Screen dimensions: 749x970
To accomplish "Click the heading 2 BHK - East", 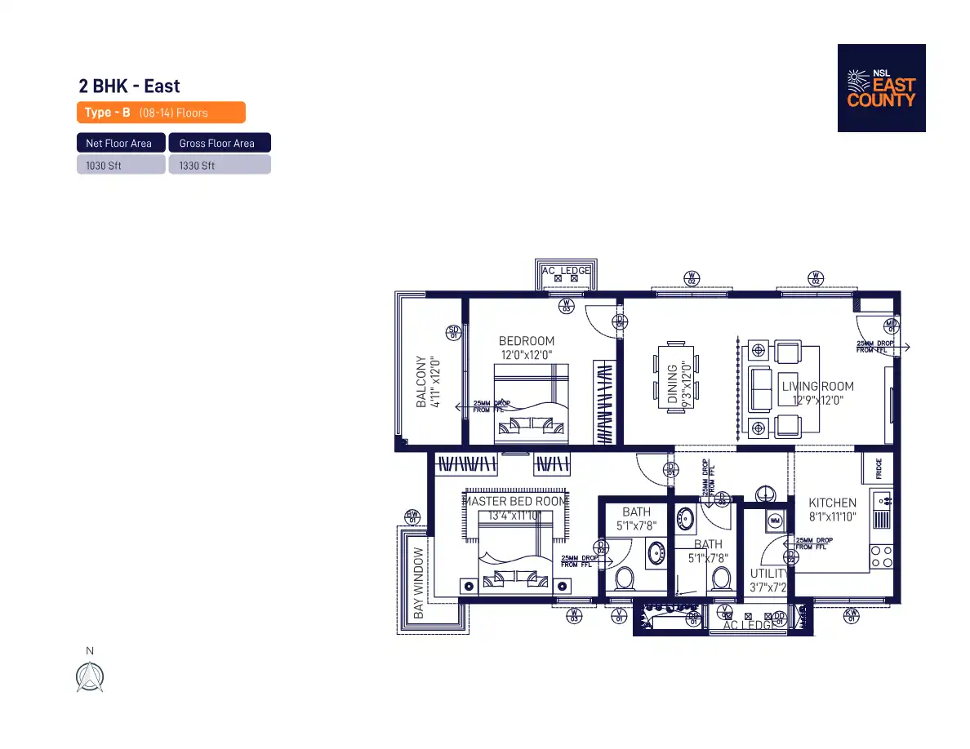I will [129, 86].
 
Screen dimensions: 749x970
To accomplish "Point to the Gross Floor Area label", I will [217, 144].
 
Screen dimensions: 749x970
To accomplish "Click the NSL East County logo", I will [881, 88].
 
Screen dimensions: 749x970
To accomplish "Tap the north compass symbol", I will [90, 676].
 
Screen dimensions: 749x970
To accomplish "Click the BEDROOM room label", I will [527, 341].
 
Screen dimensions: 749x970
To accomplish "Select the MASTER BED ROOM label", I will [514, 501].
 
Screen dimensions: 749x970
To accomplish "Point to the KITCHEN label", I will [832, 503].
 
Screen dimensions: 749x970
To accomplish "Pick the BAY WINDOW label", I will [419, 583].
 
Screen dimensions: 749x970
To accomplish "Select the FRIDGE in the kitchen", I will [879, 468].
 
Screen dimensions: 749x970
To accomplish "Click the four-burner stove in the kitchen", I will [881, 556].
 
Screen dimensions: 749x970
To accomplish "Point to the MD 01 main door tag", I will [892, 326].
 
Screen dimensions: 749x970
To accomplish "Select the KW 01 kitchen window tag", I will [852, 614].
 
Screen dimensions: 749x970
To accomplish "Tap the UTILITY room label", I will [768, 574].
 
